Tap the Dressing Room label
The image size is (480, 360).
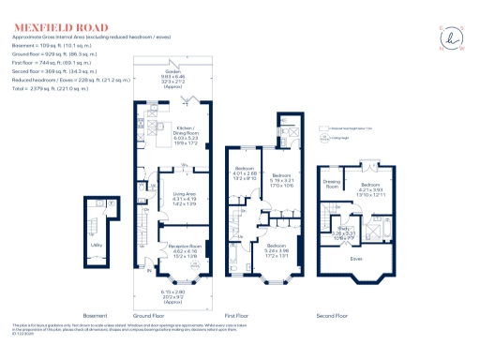click(x=330, y=185)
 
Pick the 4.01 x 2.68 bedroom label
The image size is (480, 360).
click(x=244, y=170)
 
